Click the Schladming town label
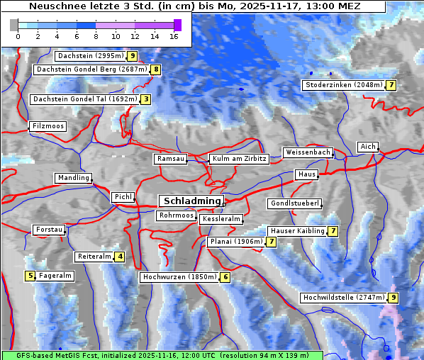pos(190,201)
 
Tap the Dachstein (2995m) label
pos(90,55)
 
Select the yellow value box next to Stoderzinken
pos(391,85)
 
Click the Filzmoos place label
pos(48,126)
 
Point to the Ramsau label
pos(170,159)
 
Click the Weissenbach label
pos(307,152)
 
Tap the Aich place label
pos(367,147)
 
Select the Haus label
pos(306,174)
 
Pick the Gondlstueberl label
pos(294,203)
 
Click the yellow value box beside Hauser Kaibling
pos(333,231)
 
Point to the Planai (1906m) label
pos(236,242)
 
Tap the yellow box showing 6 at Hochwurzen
pos(225,277)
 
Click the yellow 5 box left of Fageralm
pos(30,276)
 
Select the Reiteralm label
pos(94,257)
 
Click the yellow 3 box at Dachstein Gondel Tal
pos(146,99)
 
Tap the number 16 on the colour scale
pos(174,36)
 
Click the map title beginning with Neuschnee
pos(194,6)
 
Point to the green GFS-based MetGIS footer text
pos(162,354)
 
